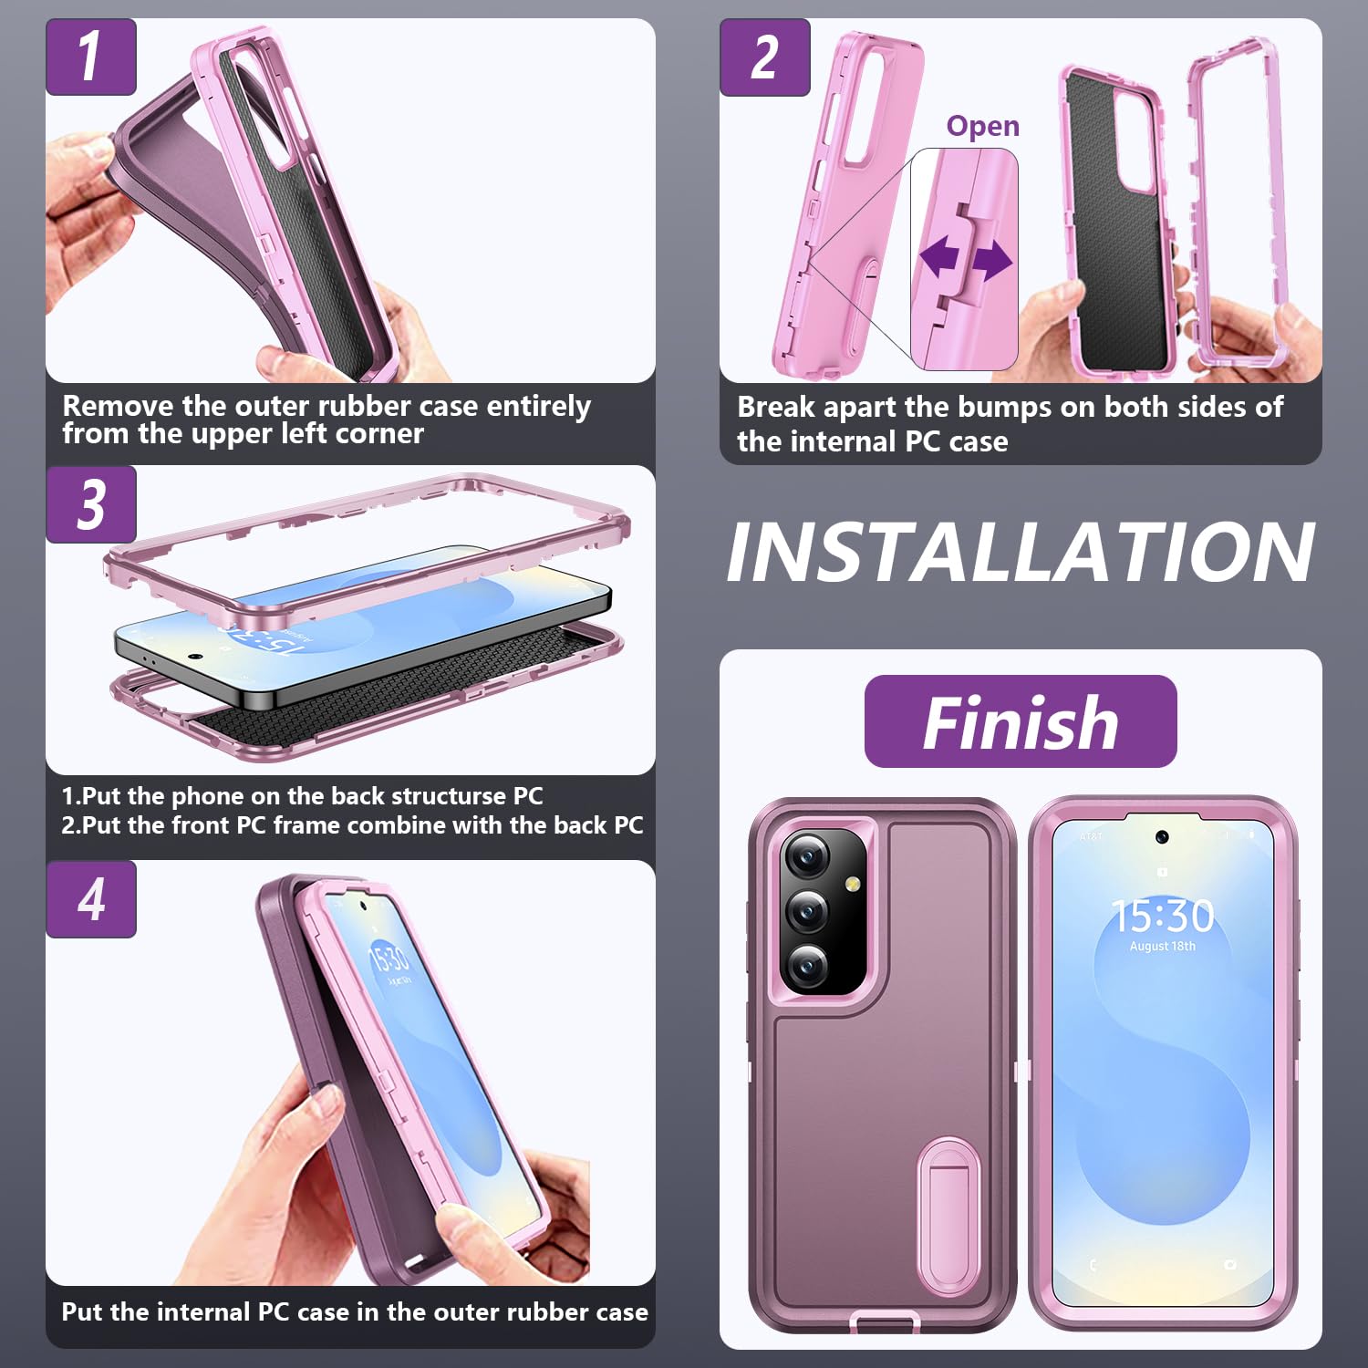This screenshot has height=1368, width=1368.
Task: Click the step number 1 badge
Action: (x=90, y=57)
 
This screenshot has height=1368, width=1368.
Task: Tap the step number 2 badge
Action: (x=764, y=57)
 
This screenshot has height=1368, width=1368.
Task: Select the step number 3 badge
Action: (x=90, y=504)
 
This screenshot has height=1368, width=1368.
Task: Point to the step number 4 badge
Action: (x=90, y=899)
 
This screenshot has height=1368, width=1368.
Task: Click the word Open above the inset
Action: (x=982, y=126)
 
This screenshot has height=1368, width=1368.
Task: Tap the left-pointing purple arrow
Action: (x=938, y=258)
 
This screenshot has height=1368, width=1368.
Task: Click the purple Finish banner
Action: (x=1020, y=721)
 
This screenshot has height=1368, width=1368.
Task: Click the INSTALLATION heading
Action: (x=1020, y=553)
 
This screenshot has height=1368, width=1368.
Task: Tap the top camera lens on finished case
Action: (x=807, y=855)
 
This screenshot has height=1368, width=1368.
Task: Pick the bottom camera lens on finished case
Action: (x=807, y=966)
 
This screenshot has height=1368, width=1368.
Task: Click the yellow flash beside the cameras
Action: (x=853, y=884)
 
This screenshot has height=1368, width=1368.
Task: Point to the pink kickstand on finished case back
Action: (x=948, y=1186)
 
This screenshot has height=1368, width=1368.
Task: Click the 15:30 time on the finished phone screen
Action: (x=1162, y=916)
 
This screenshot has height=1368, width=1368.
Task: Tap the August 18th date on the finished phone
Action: (x=1162, y=947)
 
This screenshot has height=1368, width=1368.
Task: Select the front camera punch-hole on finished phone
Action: (x=1162, y=837)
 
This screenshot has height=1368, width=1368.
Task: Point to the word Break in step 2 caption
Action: (x=775, y=407)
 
